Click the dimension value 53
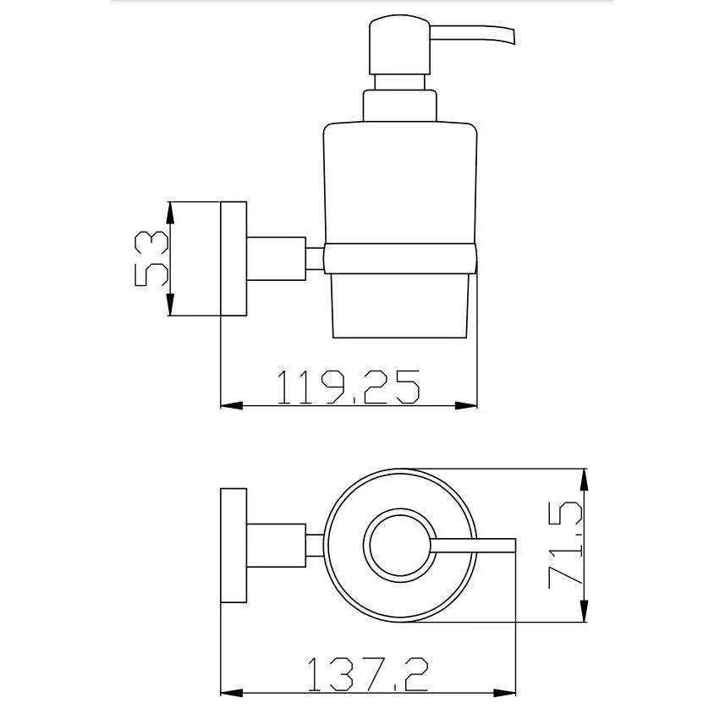[151, 259]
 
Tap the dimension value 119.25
[349, 387]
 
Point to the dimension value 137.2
[368, 674]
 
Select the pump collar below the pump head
[399, 106]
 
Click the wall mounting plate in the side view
[233, 259]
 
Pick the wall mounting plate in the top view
[233, 546]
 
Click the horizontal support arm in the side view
[277, 259]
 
